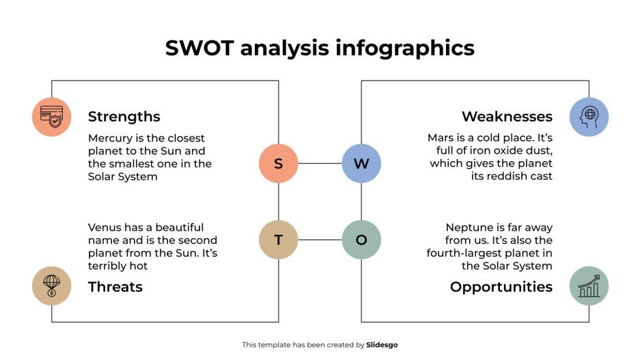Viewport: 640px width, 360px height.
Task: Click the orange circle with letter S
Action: (278, 163)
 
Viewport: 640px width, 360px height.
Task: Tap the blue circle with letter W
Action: (361, 163)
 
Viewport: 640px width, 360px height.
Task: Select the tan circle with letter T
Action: (278, 240)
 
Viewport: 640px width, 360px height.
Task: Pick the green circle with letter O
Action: (361, 240)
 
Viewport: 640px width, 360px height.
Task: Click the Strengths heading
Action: (124, 116)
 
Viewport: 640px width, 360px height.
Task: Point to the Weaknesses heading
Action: (507, 116)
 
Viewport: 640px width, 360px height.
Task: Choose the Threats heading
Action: (115, 287)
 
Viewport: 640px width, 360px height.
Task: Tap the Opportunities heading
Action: (501, 287)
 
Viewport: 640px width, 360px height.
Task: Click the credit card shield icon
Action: (51, 117)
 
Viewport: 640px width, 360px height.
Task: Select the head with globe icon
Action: (589, 117)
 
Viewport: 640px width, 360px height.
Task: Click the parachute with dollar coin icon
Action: (51, 286)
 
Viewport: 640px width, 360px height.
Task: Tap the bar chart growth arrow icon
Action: (589, 286)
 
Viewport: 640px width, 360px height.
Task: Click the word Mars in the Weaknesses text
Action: (441, 138)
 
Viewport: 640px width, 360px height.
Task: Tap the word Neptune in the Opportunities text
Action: (470, 227)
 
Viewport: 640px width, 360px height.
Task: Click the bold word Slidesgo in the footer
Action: (382, 345)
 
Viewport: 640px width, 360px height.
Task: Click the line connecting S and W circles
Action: (320, 163)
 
